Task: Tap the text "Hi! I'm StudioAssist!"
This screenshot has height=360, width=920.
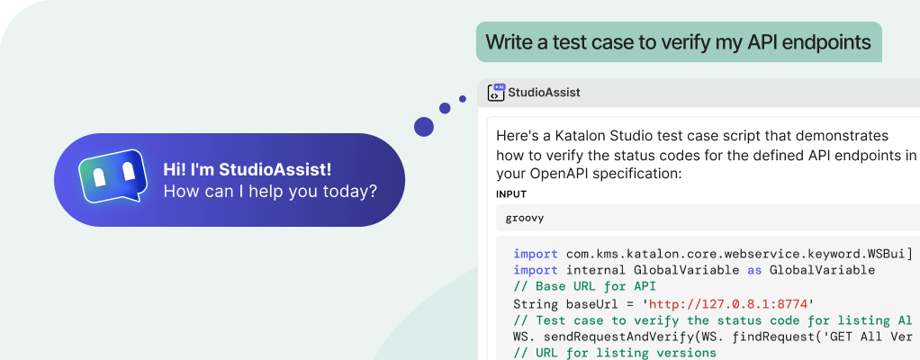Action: click(x=247, y=169)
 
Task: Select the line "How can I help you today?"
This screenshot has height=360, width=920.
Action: click(x=270, y=191)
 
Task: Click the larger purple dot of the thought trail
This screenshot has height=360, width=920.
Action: click(x=424, y=127)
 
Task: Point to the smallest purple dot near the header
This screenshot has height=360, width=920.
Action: click(x=463, y=94)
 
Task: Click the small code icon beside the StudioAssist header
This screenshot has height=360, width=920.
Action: click(x=496, y=92)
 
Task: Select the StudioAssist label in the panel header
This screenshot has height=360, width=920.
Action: click(x=544, y=92)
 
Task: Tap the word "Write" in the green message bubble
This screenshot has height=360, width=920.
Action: click(x=507, y=41)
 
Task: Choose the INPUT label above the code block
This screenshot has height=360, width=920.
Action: click(x=511, y=194)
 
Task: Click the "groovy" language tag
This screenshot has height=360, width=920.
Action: click(x=525, y=218)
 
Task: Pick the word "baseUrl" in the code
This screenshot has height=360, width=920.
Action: click(x=588, y=303)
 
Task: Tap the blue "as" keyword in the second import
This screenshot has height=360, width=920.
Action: click(x=754, y=270)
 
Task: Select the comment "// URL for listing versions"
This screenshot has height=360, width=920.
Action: click(x=615, y=353)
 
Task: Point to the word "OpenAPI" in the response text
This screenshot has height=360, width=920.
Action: click(x=561, y=174)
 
